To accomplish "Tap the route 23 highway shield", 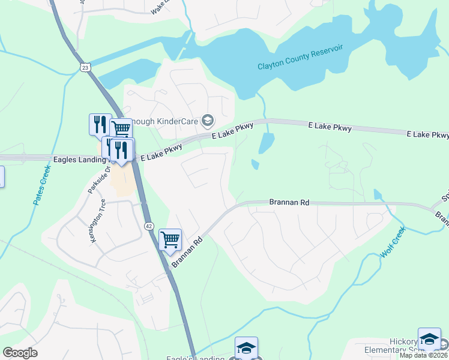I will point(85,67).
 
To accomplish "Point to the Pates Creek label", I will point(42,185).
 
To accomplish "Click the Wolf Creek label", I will point(393,242).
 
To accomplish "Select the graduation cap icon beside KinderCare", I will point(207,121).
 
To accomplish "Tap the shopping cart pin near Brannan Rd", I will point(170,240).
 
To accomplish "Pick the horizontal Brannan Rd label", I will point(289,203).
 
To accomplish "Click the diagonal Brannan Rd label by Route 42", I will point(188,251).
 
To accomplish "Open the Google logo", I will point(20,353).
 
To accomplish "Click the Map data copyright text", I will point(424,355).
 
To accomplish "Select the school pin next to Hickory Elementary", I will point(429,339).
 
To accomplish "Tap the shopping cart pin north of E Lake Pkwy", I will point(121,128).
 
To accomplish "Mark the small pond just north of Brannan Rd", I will point(255,164).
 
